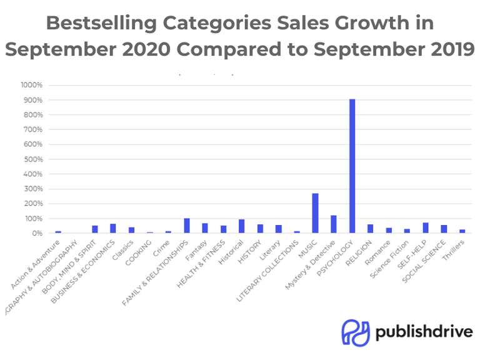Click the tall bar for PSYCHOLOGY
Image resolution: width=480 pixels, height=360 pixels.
point(352,166)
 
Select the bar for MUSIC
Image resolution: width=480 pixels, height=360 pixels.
point(316,213)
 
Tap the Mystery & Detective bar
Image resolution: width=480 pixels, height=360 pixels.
point(334,224)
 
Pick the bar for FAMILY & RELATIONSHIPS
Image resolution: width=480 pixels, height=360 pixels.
point(187,226)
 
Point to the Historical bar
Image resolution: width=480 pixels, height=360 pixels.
point(241,226)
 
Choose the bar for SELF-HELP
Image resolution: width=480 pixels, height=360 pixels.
point(426,227)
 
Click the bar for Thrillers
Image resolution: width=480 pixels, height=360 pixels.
point(462,231)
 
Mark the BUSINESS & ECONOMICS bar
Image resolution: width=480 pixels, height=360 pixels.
point(113,228)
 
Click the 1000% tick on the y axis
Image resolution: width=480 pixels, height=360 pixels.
point(31,85)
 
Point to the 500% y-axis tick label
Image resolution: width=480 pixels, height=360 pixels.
point(32,159)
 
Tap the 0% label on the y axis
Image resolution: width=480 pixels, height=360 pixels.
point(36,233)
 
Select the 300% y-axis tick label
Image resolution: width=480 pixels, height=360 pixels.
point(32,189)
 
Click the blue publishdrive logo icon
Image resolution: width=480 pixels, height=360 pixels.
point(354,332)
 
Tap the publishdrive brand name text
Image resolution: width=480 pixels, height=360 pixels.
point(424,332)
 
